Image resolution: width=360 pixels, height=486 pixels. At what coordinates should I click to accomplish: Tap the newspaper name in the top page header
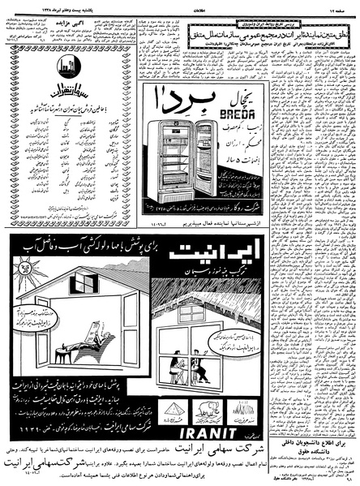pyautogui.click(x=180, y=6)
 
